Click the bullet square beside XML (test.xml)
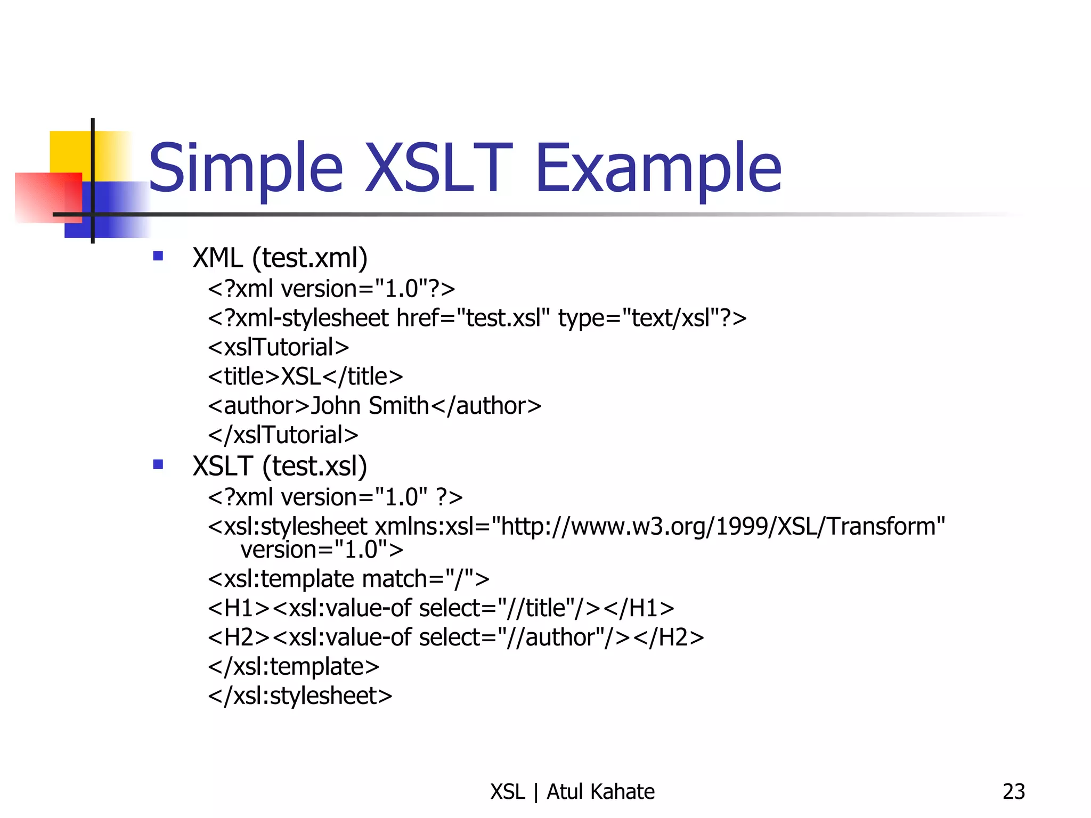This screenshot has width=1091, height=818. click(x=158, y=256)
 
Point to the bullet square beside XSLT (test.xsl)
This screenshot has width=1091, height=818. click(x=158, y=464)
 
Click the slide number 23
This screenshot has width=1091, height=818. click(x=1013, y=792)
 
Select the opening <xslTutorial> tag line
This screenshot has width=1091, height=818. click(x=279, y=347)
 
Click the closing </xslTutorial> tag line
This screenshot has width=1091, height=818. click(x=283, y=435)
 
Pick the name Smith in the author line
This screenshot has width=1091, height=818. click(x=398, y=406)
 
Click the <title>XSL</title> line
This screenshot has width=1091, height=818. click(x=305, y=377)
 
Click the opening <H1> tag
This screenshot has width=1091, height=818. click(x=239, y=608)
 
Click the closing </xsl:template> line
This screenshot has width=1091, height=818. click(x=294, y=667)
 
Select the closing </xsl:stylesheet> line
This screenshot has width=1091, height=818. click(x=300, y=696)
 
